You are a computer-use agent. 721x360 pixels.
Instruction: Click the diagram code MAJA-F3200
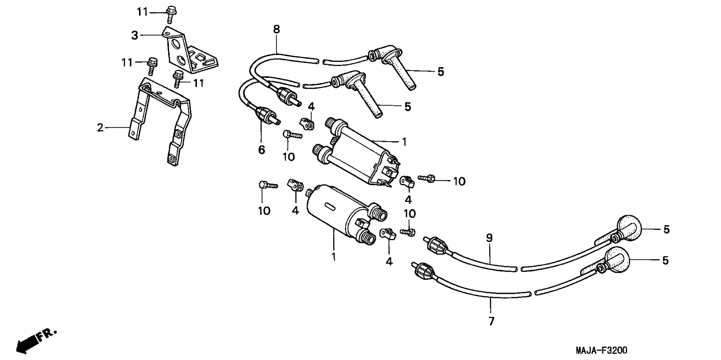point(601,351)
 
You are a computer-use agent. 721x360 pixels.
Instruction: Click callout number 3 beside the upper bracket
point(135,36)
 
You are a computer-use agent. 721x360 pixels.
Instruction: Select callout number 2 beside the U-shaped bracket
point(100,128)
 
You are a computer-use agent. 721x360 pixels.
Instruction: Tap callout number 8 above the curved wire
point(276,29)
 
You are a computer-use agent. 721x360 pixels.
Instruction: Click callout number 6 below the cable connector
point(261,150)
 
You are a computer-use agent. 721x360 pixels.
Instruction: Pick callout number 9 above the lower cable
point(489,238)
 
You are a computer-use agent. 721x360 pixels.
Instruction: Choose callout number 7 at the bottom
point(491,321)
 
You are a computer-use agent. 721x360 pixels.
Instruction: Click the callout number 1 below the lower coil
point(333,257)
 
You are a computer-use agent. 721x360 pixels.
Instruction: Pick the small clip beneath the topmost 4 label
point(306,123)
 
